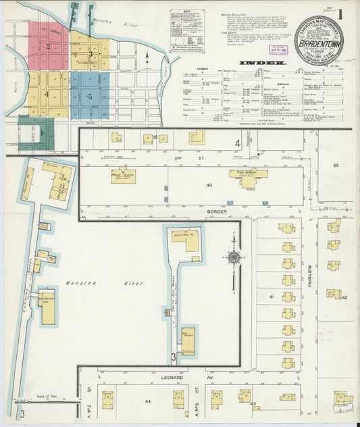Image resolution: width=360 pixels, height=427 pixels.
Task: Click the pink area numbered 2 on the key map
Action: (x=48, y=46)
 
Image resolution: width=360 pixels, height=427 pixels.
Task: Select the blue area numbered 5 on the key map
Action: (x=89, y=97)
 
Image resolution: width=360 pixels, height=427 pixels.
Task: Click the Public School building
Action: (x=124, y=176)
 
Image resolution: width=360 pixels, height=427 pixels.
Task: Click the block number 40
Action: (x=209, y=184)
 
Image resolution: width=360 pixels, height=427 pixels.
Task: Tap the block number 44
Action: (x=147, y=401)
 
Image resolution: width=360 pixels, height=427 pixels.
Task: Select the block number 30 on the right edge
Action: (x=335, y=166)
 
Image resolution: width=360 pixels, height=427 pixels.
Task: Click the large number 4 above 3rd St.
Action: (x=237, y=144)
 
